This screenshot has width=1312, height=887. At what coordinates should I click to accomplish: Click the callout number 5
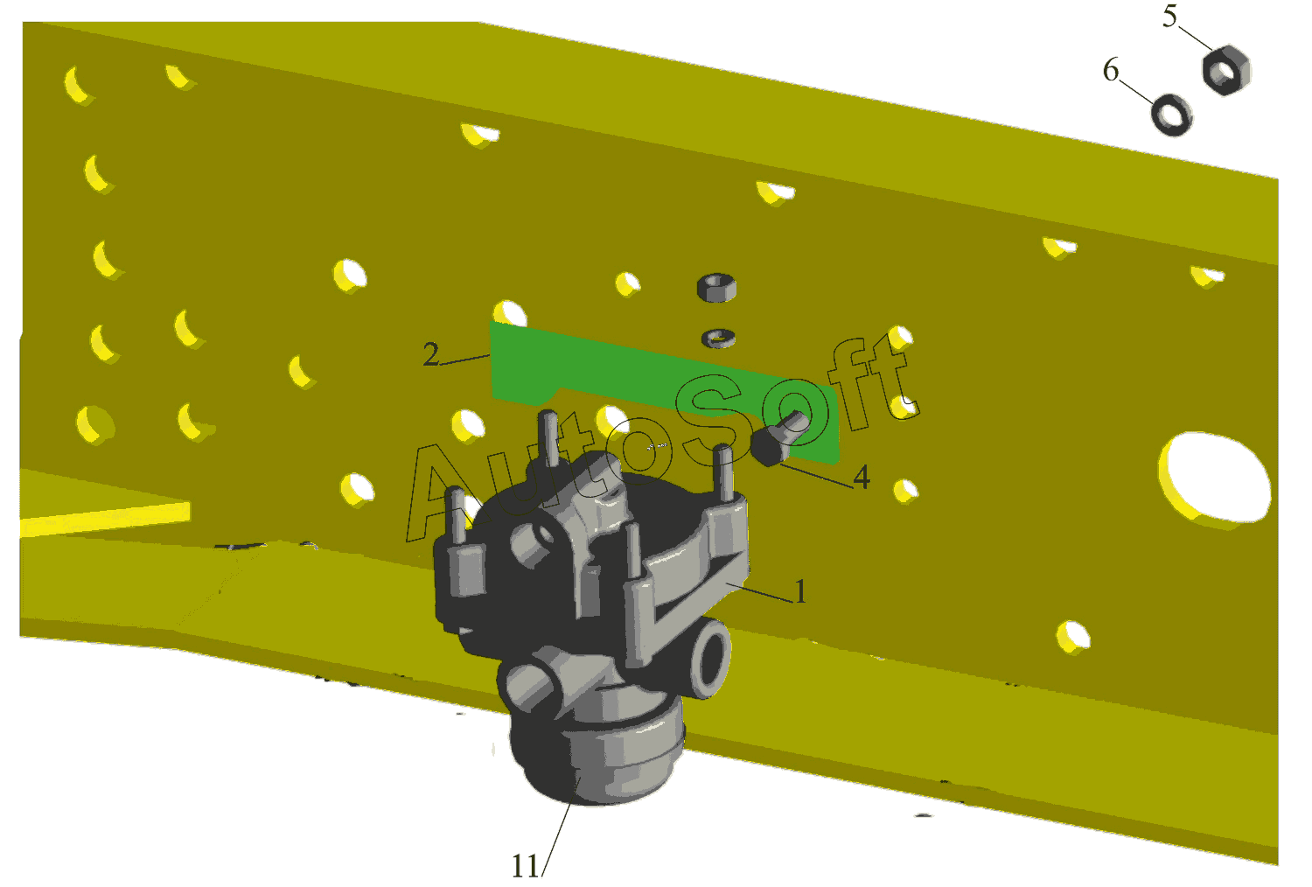tap(1169, 17)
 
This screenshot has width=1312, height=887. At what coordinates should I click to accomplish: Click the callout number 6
tap(1111, 70)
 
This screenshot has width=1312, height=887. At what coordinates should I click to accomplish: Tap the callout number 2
tap(431, 354)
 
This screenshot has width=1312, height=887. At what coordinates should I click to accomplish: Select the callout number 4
tap(862, 477)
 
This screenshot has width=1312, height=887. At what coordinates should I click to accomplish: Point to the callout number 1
tap(800, 591)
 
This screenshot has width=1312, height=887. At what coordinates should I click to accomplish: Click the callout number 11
tap(526, 867)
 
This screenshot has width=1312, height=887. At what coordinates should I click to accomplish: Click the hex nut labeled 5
tap(1226, 70)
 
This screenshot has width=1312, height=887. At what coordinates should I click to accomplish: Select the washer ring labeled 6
tap(1171, 115)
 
